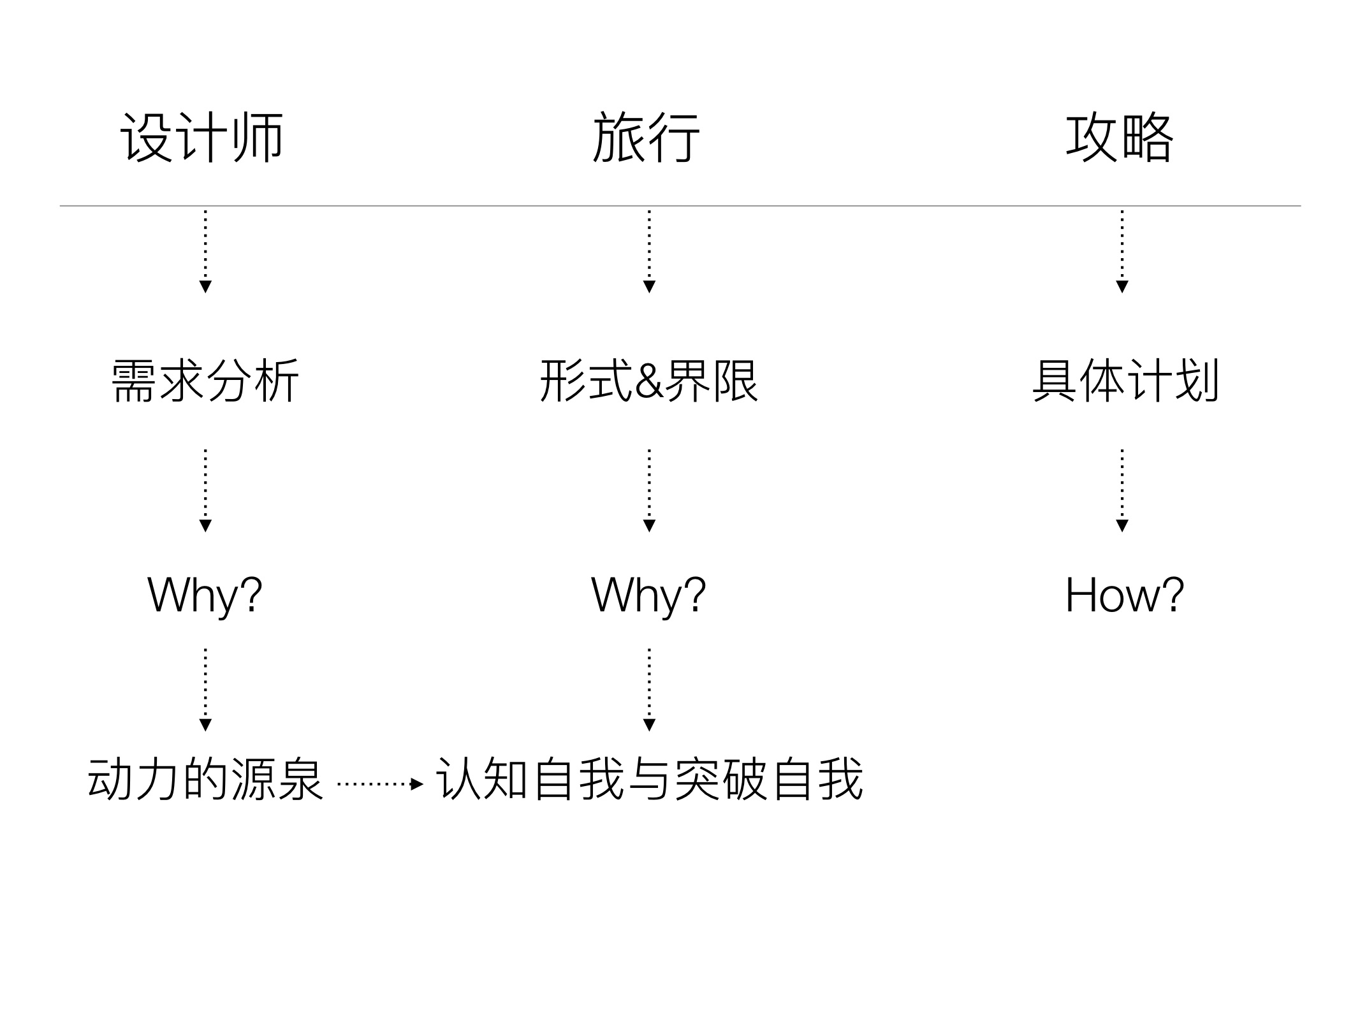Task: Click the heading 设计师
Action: pos(202,138)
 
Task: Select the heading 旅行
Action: pos(647,138)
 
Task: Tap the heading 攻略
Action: pos(1120,138)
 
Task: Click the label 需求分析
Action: pos(205,381)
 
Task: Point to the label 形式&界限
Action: pos(649,381)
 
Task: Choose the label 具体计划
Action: pos(1125,381)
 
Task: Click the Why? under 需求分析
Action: pos(205,595)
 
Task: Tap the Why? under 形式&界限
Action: pos(649,595)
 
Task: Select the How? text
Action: pos(1125,595)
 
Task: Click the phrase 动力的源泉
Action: pos(205,778)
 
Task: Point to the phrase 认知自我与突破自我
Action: pos(650,778)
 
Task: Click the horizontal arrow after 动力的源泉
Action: pos(380,784)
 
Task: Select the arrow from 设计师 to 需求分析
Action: pos(205,251)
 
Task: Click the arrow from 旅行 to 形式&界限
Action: pos(649,251)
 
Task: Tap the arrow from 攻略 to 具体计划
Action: pos(1122,251)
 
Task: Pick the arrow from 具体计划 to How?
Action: pos(1122,490)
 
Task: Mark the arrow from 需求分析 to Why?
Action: pos(205,490)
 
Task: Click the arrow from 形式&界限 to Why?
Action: pos(649,490)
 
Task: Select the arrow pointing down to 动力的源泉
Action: pos(205,690)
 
